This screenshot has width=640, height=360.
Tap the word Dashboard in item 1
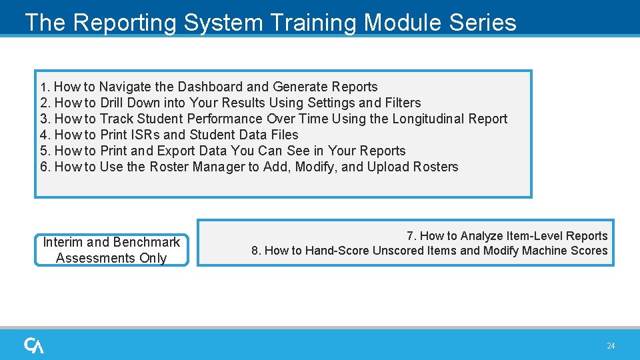point(211,87)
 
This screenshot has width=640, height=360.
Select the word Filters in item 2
point(403,103)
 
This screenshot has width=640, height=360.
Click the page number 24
point(611,346)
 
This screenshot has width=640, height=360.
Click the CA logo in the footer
point(34,345)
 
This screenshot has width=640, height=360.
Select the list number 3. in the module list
point(45,119)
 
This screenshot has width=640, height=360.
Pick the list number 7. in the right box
point(411,236)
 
